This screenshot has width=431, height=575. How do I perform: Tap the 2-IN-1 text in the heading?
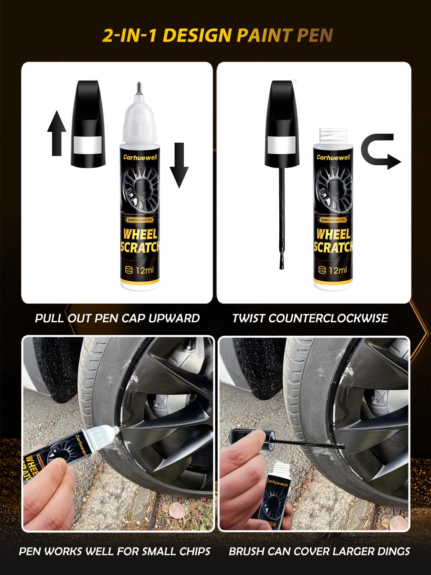[x=130, y=36]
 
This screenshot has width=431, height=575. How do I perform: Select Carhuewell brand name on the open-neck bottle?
[x=333, y=157]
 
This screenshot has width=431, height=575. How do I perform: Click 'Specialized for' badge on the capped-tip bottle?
[x=140, y=220]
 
